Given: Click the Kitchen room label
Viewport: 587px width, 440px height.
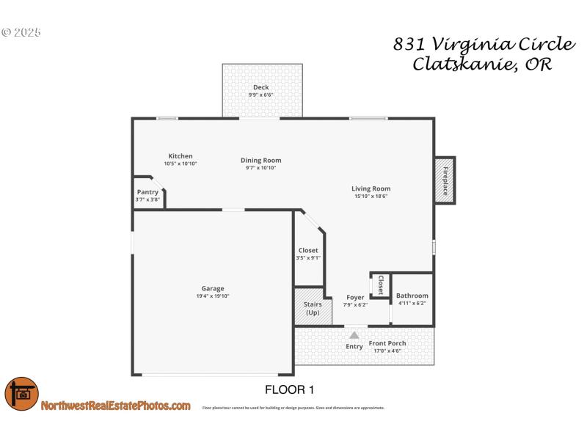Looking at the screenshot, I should (x=181, y=156).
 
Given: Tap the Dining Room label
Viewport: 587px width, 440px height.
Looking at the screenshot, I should (x=261, y=161).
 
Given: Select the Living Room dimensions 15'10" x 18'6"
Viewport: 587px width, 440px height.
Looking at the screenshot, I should (x=371, y=196).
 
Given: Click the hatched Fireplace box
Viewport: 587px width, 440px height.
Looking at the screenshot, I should (x=444, y=180).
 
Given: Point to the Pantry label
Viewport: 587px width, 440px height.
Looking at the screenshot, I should (x=147, y=192).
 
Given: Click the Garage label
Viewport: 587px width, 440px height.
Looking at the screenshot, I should (x=213, y=288).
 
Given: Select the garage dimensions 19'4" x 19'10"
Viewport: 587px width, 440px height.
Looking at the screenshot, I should (x=213, y=296).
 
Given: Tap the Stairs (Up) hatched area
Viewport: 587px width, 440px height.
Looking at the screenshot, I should (x=307, y=308).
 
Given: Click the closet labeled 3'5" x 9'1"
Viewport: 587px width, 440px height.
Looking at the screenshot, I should (x=308, y=254).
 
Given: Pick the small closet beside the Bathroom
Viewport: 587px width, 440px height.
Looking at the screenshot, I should (x=380, y=285).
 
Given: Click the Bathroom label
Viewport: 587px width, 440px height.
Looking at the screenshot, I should (x=412, y=296).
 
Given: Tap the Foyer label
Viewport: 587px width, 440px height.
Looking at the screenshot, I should (x=355, y=298).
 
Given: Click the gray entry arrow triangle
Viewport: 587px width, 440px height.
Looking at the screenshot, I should (x=354, y=335).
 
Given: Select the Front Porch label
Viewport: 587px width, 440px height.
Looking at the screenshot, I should (x=387, y=343).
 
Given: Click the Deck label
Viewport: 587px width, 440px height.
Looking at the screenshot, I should (x=261, y=87).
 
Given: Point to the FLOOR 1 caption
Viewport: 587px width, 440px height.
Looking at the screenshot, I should (x=289, y=389).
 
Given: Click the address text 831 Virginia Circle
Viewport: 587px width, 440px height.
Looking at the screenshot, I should (x=483, y=43).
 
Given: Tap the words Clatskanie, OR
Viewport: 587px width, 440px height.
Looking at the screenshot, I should (x=483, y=64).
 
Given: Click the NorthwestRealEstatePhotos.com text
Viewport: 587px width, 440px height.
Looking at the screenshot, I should (x=116, y=406).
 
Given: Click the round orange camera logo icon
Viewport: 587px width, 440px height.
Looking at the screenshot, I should (x=21, y=394).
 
